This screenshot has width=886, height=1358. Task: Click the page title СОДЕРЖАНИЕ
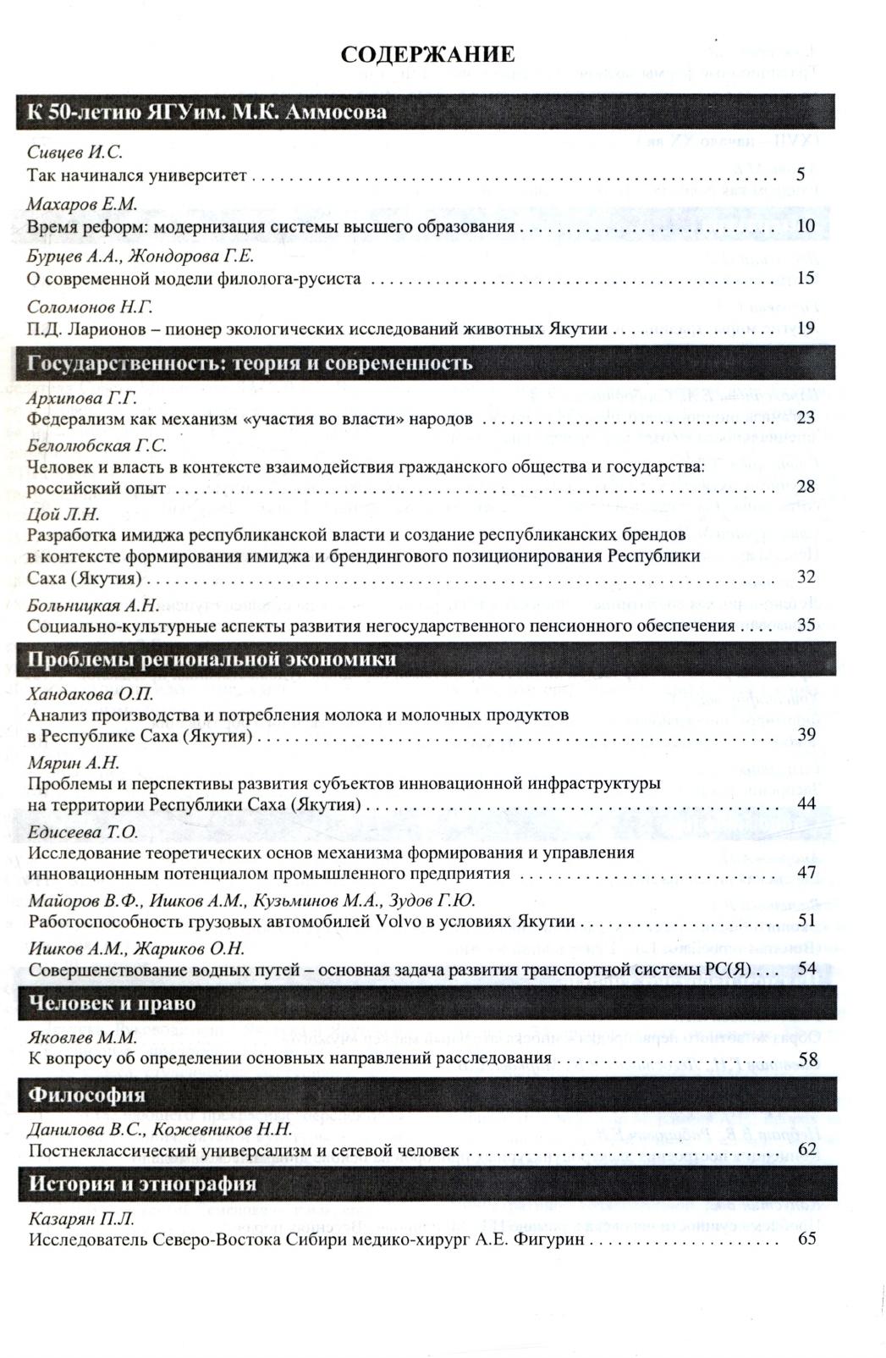pos(427,56)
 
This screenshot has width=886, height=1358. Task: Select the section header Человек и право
pos(112,1003)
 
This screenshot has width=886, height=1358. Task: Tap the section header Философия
pos(86,1095)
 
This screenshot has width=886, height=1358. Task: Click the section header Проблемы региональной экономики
pos(212,660)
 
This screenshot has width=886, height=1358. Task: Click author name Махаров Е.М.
pos(81,204)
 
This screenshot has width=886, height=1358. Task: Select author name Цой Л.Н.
pos(63,514)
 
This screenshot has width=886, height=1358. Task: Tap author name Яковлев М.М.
pos(83,1037)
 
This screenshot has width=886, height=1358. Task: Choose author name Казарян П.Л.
pos(81,1218)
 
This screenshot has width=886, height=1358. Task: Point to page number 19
pos(806,328)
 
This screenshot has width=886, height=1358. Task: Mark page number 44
pos(806,803)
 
